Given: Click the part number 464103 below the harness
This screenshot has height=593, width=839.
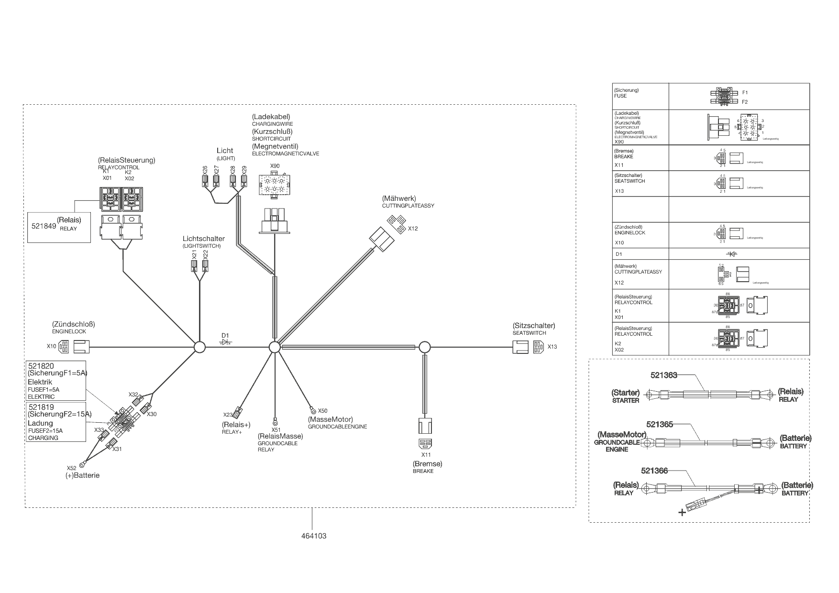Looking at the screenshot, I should [x=314, y=536].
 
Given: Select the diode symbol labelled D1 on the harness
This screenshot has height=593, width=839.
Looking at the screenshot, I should [x=225, y=342].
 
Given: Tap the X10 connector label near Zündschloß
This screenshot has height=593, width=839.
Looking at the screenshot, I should [x=51, y=346].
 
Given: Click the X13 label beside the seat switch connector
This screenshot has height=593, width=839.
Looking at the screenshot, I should [x=552, y=347].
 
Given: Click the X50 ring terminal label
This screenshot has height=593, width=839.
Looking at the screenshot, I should [x=322, y=410].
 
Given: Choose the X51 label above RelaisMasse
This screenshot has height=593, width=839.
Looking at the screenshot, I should [x=276, y=429].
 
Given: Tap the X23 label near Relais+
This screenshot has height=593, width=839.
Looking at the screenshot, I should [x=228, y=415].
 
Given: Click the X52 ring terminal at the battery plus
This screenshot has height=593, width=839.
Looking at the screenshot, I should [x=82, y=463].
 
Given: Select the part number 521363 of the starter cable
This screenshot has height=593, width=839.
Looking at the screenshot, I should [x=663, y=375].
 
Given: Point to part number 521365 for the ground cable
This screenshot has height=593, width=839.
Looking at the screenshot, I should [x=660, y=424].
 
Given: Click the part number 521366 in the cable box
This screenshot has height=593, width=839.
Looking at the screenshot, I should [x=654, y=471].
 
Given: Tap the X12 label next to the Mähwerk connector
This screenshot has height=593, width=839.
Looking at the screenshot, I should [x=413, y=229].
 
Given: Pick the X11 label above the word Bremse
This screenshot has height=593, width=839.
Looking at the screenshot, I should [x=426, y=455].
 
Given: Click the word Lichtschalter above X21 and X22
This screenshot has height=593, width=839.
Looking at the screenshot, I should [x=203, y=239].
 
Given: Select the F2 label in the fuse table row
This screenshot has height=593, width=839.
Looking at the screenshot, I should [x=744, y=102].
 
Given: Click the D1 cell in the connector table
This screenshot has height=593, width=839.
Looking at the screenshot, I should [x=618, y=254].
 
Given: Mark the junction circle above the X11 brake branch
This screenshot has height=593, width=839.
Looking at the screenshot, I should [x=424, y=347].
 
